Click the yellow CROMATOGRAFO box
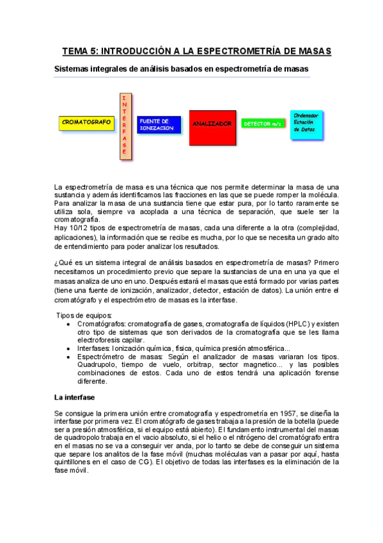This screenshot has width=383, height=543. point(86,122)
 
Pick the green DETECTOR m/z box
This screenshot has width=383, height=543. point(263,124)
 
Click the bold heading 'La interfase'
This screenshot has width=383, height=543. point(75,398)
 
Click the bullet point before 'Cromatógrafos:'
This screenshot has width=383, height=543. point(68,325)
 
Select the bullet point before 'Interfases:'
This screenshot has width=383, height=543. point(68,348)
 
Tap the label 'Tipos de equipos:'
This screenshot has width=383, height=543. point(84,316)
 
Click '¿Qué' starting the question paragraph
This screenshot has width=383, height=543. point(65,263)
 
